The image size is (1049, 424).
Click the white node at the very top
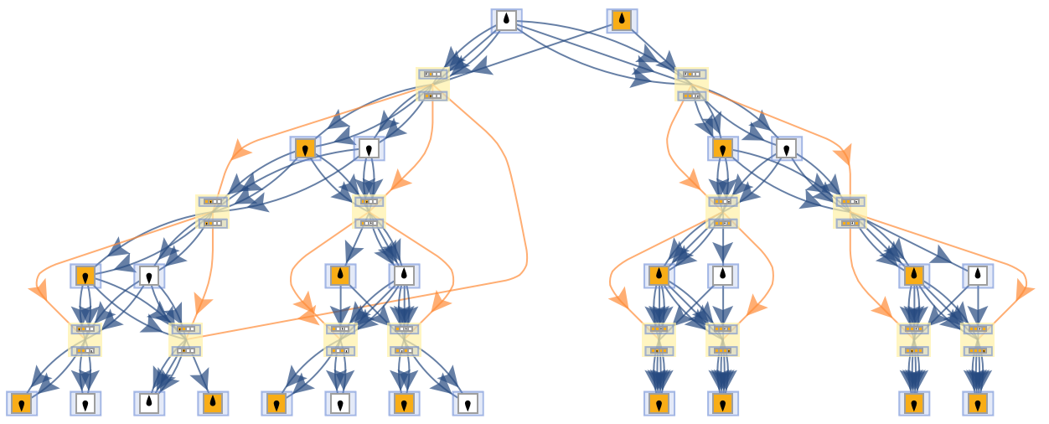click(506, 21)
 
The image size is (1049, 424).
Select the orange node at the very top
click(622, 21)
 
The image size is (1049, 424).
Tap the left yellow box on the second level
click(432, 85)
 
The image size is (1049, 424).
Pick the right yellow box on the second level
click(691, 85)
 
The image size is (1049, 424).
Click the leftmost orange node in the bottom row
click(22, 404)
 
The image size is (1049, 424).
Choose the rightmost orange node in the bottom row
click(978, 404)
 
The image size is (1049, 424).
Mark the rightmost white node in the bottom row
click(468, 404)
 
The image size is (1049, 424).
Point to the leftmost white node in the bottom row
click(85, 404)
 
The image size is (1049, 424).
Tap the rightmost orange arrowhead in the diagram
click(1024, 290)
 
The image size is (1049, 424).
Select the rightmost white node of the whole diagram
click(978, 276)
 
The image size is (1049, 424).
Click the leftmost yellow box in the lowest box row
click(85, 339)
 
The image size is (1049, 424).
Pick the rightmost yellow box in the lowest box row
click(977, 339)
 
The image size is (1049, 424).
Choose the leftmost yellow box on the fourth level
click(212, 212)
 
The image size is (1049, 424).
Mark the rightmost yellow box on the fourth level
click(850, 212)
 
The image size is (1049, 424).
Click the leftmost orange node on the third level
click(305, 148)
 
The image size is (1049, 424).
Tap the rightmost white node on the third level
click(787, 148)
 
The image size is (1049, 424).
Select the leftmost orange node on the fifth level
click(85, 276)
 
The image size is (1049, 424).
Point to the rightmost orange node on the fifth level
click(914, 276)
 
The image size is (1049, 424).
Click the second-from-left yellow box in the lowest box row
click(185, 339)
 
